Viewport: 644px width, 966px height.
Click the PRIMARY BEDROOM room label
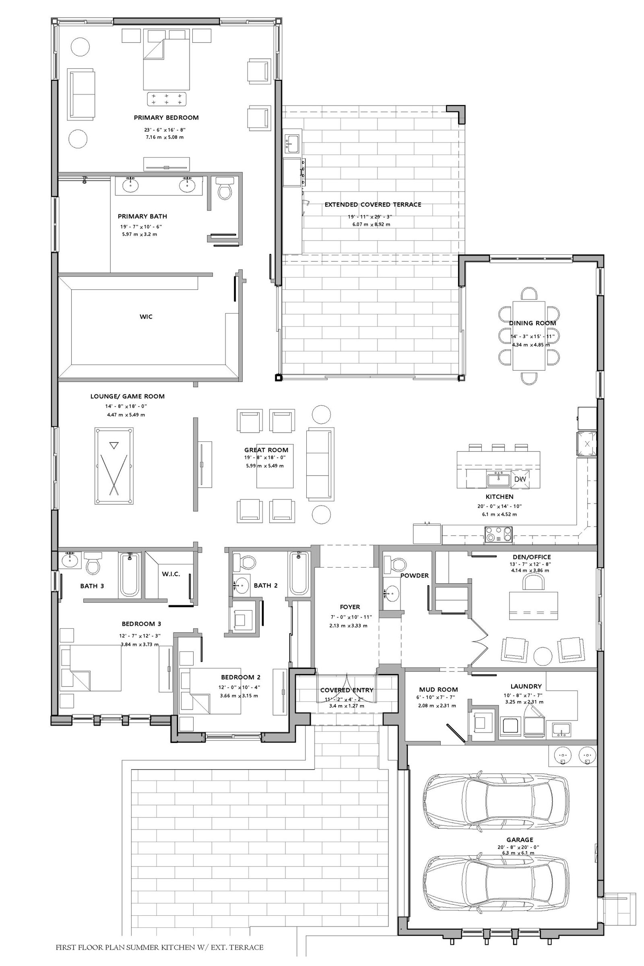pyautogui.click(x=166, y=118)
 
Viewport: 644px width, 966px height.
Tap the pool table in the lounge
pyautogui.click(x=114, y=466)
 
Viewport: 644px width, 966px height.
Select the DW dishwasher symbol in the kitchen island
pyautogui.click(x=520, y=479)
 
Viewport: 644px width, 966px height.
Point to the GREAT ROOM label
pyautogui.click(x=266, y=450)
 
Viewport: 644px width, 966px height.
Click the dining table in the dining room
pyautogui.click(x=529, y=336)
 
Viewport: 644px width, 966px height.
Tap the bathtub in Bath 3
pyautogui.click(x=130, y=575)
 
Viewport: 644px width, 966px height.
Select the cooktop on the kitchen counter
pyautogui.click(x=499, y=535)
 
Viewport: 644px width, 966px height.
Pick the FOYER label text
pyautogui.click(x=350, y=607)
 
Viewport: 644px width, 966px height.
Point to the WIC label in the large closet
pyautogui.click(x=146, y=316)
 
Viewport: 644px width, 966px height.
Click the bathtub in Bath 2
pyautogui.click(x=299, y=573)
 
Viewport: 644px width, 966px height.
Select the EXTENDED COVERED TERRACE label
pyautogui.click(x=373, y=204)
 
